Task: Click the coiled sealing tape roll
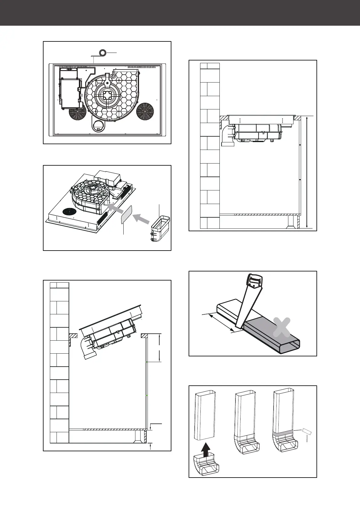coord(103,53)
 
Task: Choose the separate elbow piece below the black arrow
coord(206,469)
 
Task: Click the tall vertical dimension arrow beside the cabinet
coord(307,172)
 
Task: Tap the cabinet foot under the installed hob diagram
coord(292,222)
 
